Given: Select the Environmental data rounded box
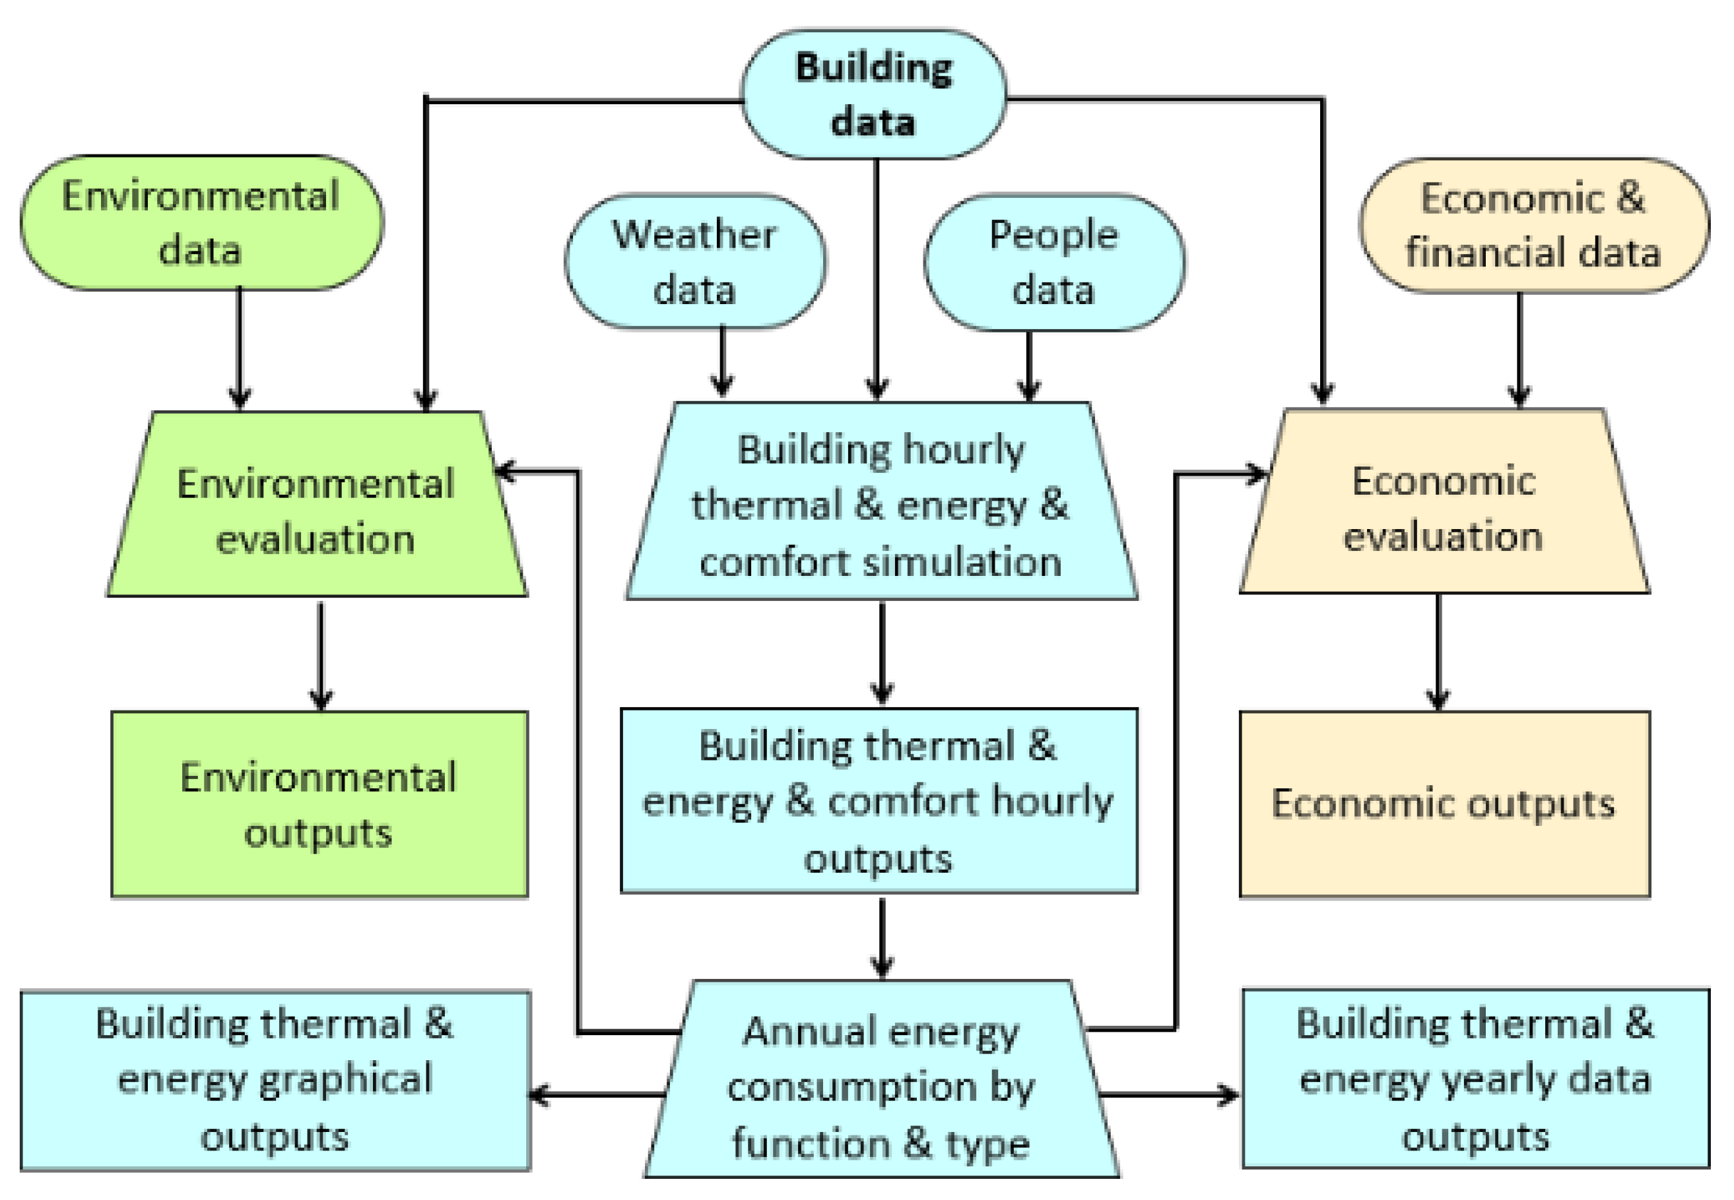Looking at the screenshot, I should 201,222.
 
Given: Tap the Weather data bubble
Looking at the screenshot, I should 695,262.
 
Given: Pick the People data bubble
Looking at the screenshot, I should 1054,262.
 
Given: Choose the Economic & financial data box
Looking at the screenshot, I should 1533,225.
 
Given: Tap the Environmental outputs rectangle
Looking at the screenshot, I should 319,805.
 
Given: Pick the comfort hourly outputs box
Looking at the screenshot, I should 879,802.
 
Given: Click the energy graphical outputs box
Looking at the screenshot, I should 275,1081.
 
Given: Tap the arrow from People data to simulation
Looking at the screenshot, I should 1029,365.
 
